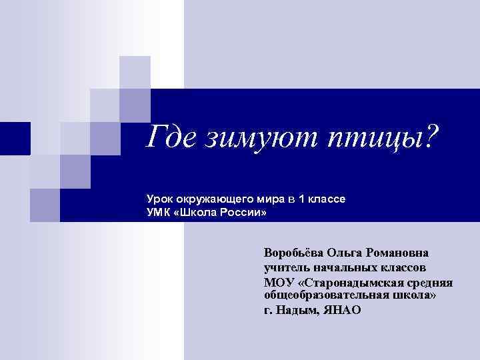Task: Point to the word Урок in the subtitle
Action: [161, 199]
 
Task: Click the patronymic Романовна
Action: [401, 253]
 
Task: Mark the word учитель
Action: [287, 268]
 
